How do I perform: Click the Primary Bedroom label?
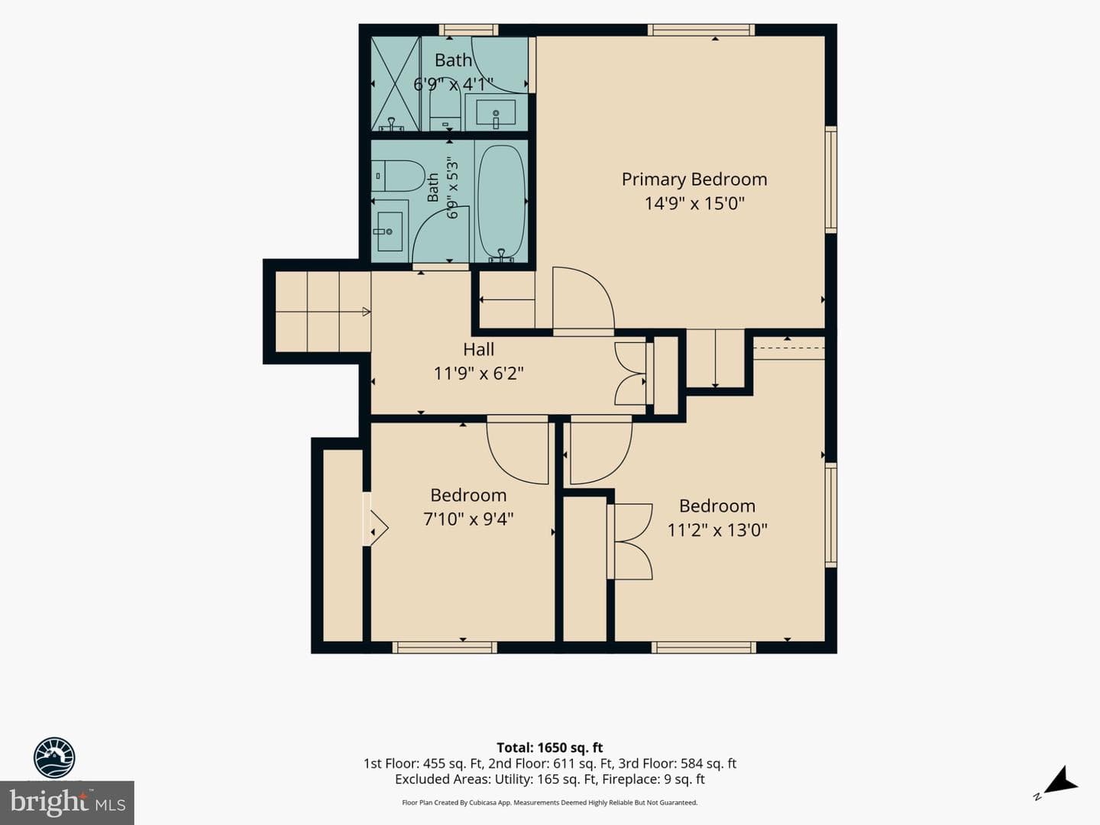694,180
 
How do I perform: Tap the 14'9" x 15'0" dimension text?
694,203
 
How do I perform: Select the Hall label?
479,349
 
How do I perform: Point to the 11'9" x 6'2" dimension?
479,374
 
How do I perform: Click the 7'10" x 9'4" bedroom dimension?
468,519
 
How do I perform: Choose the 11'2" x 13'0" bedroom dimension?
717,530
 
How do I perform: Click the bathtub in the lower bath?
501,202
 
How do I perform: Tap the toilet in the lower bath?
399,176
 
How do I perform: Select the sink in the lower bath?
390,231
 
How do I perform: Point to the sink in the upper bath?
496,113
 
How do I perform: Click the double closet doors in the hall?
630,374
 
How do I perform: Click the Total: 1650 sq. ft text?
550,747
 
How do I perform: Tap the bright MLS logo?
67,803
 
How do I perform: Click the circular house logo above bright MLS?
54,757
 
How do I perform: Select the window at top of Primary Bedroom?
701,30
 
